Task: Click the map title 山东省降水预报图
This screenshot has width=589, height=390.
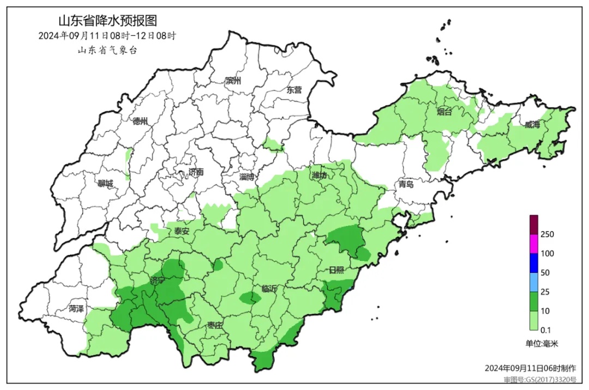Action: tap(107, 21)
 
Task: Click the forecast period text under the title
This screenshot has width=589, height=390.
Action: tap(107, 36)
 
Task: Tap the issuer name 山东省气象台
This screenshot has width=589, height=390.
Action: tap(107, 50)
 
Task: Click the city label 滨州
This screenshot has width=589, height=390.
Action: tap(233, 81)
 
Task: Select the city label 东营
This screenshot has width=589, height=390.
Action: tap(294, 90)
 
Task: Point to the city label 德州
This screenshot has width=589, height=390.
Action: tap(140, 121)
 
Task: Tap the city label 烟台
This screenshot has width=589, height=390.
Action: tap(444, 112)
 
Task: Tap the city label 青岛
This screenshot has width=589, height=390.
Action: tap(406, 184)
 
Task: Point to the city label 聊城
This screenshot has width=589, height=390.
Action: tap(105, 184)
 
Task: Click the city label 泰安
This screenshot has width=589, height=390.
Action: tap(182, 231)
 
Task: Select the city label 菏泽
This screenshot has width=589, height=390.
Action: tap(76, 309)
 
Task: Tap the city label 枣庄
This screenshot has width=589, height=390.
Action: tap(215, 325)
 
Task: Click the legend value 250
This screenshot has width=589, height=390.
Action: tap(547, 234)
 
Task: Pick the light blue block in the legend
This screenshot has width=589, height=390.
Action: tap(534, 282)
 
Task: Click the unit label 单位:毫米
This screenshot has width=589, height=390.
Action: tap(542, 344)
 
